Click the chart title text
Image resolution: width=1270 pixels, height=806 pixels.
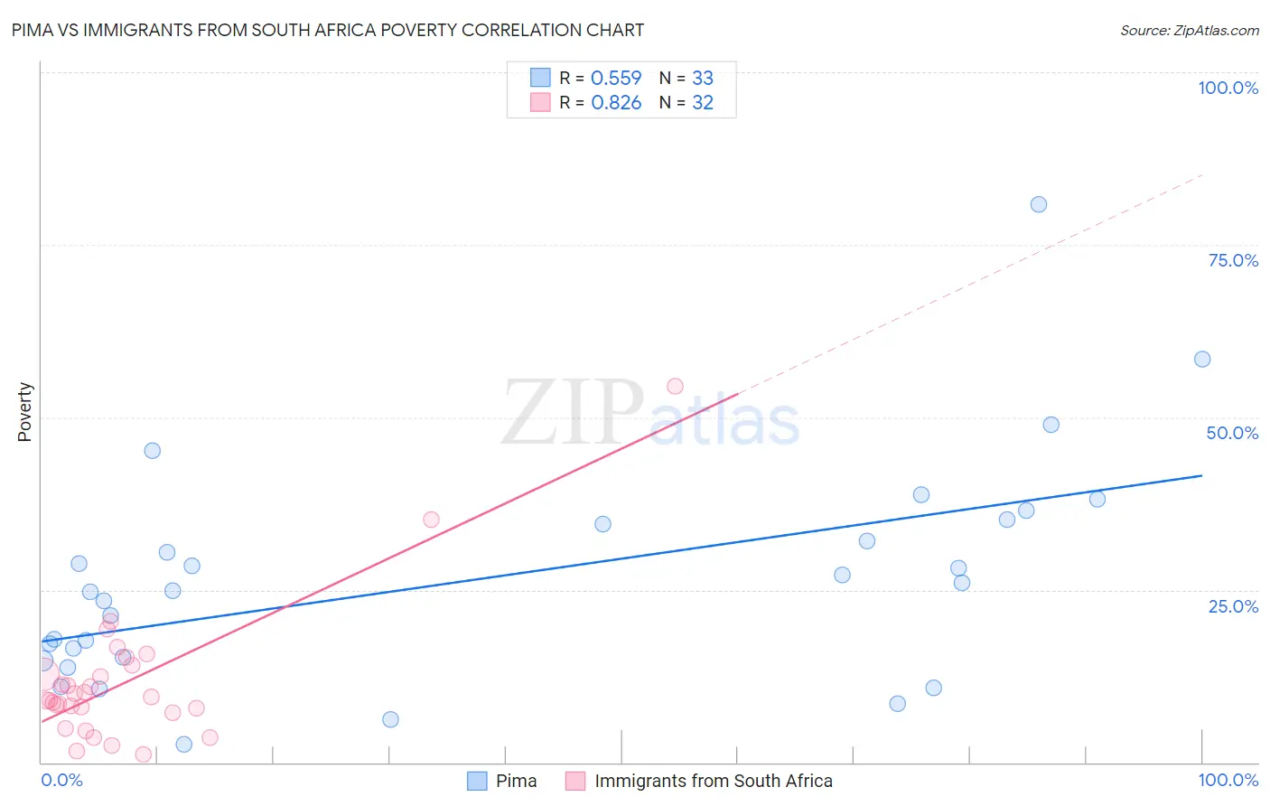tap(328, 30)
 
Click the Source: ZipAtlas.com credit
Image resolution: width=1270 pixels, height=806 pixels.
tap(1189, 31)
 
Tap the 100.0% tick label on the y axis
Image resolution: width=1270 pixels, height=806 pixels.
tap(1228, 88)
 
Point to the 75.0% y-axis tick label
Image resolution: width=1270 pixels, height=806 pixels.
tap(1233, 260)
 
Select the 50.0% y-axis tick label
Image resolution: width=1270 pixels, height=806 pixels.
tap(1232, 433)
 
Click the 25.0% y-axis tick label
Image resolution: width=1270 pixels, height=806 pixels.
tap(1233, 606)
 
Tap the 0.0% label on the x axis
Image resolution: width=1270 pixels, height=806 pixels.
tap(61, 780)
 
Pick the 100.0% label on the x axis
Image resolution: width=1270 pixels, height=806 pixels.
tap(1228, 780)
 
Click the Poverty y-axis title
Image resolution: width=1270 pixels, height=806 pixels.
tap(24, 412)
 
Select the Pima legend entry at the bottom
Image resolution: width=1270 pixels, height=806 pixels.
tap(516, 781)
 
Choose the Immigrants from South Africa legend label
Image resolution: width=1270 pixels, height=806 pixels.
tap(713, 781)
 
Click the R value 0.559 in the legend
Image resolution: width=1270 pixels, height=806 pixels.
tap(616, 79)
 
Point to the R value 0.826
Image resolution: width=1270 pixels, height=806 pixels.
tap(616, 103)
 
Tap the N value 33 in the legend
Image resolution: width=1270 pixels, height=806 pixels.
tap(703, 79)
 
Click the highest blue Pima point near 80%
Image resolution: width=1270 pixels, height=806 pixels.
tap(1039, 204)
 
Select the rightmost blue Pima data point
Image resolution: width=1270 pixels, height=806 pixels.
tap(1202, 359)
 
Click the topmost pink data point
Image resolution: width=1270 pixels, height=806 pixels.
tap(675, 386)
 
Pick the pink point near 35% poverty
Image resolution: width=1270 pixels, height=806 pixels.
tap(431, 520)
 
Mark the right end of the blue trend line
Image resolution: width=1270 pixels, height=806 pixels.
tap(1202, 475)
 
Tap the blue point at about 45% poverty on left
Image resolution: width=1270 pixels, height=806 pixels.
tap(153, 450)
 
